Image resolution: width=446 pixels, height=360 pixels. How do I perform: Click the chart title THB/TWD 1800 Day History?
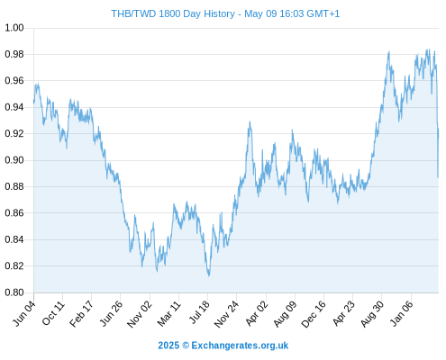(x=173, y=13)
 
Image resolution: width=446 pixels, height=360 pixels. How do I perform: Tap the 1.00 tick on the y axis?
(x=14, y=28)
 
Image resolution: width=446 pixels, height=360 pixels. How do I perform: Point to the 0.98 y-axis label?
(x=14, y=54)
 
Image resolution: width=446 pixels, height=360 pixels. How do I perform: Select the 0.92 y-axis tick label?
(x=14, y=133)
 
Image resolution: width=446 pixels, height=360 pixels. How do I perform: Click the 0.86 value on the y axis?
(x=14, y=213)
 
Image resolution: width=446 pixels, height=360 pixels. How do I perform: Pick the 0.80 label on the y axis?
(x=14, y=292)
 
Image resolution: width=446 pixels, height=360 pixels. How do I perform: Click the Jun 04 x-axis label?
(x=24, y=313)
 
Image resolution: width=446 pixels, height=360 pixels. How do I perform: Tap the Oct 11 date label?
(x=53, y=313)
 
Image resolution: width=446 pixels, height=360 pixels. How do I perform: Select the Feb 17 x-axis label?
(x=81, y=314)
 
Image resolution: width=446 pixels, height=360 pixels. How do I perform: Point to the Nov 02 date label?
(x=140, y=314)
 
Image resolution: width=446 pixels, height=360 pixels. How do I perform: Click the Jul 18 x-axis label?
(x=199, y=313)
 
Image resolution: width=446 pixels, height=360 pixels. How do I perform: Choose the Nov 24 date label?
(x=226, y=314)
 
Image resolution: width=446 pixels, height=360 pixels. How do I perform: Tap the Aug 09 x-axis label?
(x=285, y=314)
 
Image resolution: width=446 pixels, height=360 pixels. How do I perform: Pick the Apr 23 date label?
(x=344, y=313)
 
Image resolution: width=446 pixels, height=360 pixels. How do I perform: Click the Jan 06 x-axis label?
(x=402, y=313)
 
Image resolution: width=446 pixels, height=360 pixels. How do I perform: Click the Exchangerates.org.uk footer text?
(x=240, y=346)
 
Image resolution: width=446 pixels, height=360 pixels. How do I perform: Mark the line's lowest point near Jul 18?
(x=209, y=275)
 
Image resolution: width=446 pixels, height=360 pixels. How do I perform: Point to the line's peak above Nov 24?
(x=250, y=121)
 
